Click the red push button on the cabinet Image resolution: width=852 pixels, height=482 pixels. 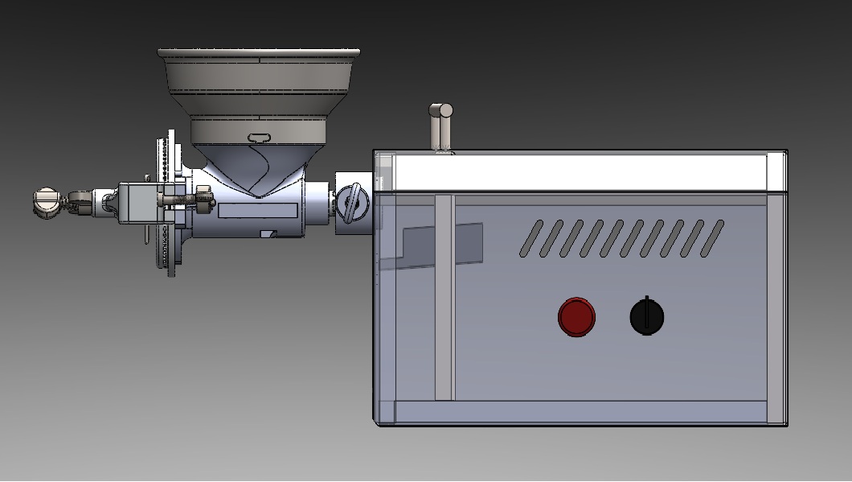click(576, 317)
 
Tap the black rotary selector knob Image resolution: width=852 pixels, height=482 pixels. click(647, 316)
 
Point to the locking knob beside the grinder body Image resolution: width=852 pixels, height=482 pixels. click(350, 203)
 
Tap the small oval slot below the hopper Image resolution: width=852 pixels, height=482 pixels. click(260, 138)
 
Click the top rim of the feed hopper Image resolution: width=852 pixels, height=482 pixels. click(259, 53)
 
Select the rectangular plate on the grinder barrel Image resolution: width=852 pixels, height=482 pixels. click(258, 211)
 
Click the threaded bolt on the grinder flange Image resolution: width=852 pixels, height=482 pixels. click(181, 197)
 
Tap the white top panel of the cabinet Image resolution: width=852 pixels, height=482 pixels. click(579, 172)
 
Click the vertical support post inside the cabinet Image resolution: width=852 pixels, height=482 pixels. click(444, 298)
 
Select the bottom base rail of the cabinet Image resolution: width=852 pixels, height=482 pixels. click(579, 412)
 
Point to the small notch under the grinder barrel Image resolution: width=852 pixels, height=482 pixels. click(269, 234)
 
